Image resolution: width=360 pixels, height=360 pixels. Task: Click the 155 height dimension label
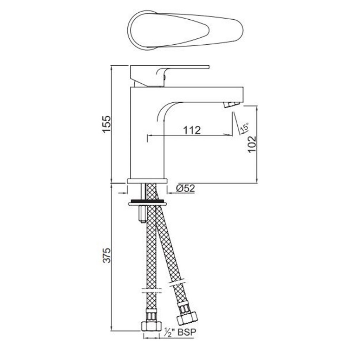pyautogui.click(x=106, y=124)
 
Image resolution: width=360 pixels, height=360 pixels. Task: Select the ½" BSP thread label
pyautogui.click(x=179, y=332)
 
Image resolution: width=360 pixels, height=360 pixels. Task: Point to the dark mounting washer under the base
pyautogui.click(x=147, y=202)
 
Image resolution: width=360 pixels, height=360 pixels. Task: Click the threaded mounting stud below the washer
pyautogui.click(x=142, y=214)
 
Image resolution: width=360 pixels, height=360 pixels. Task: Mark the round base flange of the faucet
pyautogui.click(x=147, y=181)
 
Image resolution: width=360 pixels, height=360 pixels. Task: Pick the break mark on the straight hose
pyautogui.click(x=151, y=291)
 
